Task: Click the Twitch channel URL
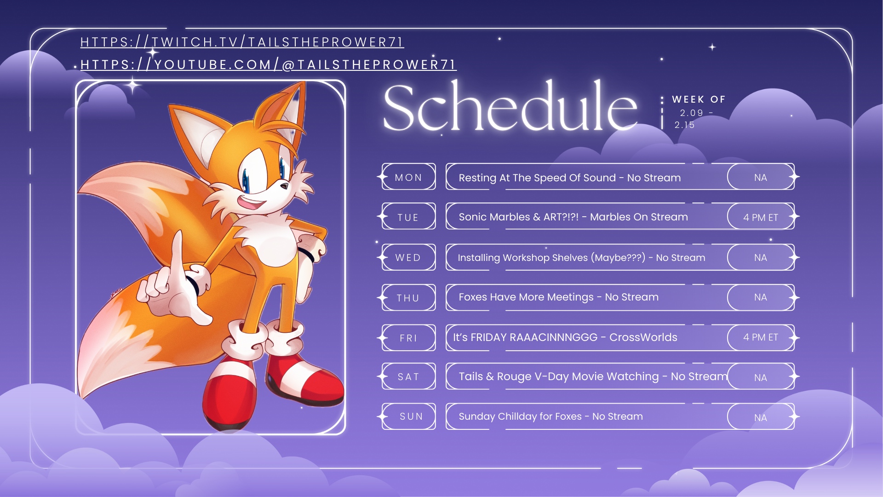point(242,42)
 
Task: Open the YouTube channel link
point(268,64)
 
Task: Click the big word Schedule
point(510,107)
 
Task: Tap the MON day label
point(408,177)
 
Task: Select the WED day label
point(408,257)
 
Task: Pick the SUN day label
point(411,416)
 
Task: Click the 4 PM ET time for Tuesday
point(761,217)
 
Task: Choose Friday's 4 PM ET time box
point(761,337)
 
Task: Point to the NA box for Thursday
point(761,297)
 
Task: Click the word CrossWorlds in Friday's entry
point(643,337)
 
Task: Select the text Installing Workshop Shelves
point(523,258)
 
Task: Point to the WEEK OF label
point(699,99)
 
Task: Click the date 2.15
point(684,125)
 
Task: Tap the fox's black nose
point(285,186)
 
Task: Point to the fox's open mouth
point(252,202)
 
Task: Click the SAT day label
point(408,376)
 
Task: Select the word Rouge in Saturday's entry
point(514,377)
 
